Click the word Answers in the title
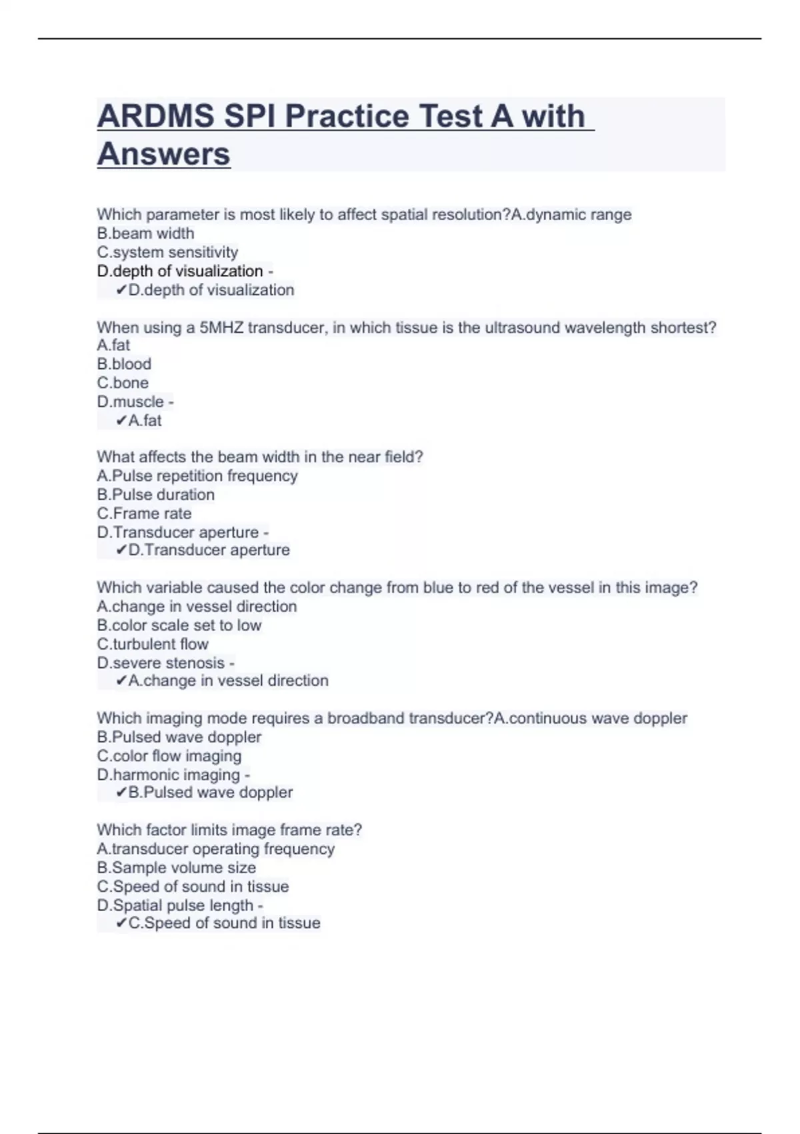(163, 154)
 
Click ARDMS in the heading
(155, 116)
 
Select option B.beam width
(145, 233)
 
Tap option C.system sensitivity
(167, 252)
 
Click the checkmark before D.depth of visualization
(121, 290)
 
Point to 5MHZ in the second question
(221, 328)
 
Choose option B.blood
(124, 364)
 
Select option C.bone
(123, 383)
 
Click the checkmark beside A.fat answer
(121, 421)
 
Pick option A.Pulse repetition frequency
(197, 476)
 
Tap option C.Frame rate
(144, 514)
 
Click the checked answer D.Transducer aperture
(209, 550)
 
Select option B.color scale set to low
(179, 625)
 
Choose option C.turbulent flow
(153, 644)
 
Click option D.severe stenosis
(161, 663)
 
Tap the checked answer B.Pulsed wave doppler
(210, 792)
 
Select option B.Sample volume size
(176, 868)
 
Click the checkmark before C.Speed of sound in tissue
(121, 923)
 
